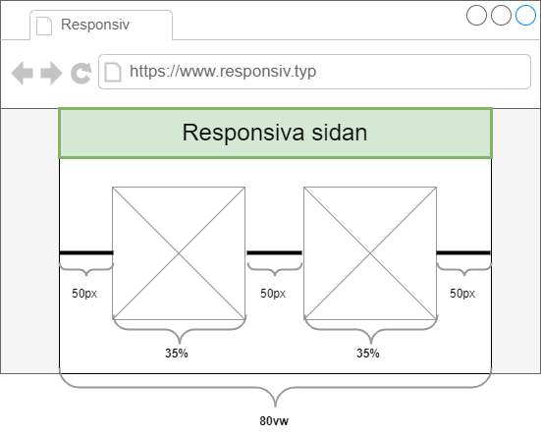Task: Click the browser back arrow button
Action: [x=22, y=73]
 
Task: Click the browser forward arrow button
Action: [x=51, y=73]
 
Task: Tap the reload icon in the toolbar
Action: [x=81, y=74]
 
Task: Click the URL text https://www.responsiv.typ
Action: [x=223, y=72]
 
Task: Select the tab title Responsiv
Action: [x=95, y=25]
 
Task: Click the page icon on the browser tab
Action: [x=44, y=26]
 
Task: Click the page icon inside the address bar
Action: [x=113, y=72]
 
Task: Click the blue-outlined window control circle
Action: [x=525, y=15]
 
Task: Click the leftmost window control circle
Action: [x=476, y=15]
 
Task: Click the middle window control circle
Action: [x=501, y=15]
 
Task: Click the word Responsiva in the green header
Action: [x=243, y=133]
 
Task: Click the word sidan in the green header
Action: [x=340, y=133]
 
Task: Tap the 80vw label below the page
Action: [x=274, y=421]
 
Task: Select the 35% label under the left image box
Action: [x=177, y=354]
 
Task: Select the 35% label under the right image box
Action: [x=368, y=354]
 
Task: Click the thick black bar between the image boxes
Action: [x=274, y=253]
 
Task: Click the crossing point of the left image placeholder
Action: [x=179, y=253]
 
